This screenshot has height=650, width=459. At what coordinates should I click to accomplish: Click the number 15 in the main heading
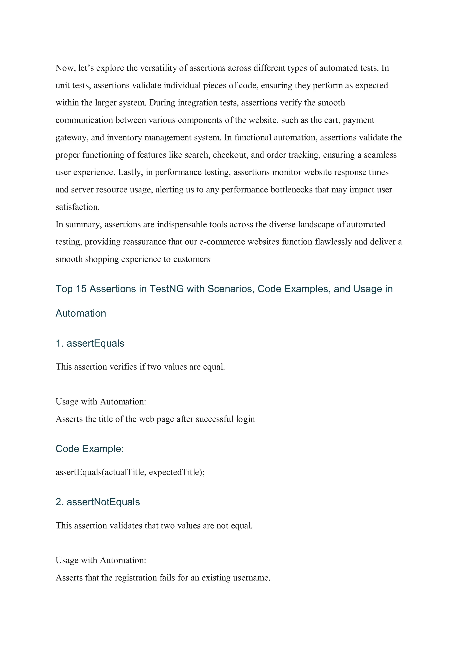(x=81, y=289)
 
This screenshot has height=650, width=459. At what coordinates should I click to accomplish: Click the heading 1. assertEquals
(x=90, y=344)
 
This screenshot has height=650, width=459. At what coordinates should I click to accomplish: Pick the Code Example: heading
(x=90, y=449)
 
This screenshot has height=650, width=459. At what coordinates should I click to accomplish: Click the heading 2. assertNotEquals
(x=97, y=502)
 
